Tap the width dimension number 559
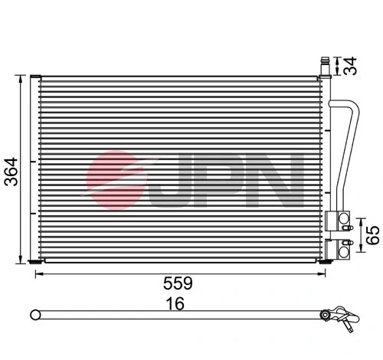coord(177,283)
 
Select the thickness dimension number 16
coord(177,304)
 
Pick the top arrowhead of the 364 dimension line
coord(19,77)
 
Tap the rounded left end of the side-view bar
coord(33,314)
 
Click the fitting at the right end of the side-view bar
coord(337,315)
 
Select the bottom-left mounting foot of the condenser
coord(35,263)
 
